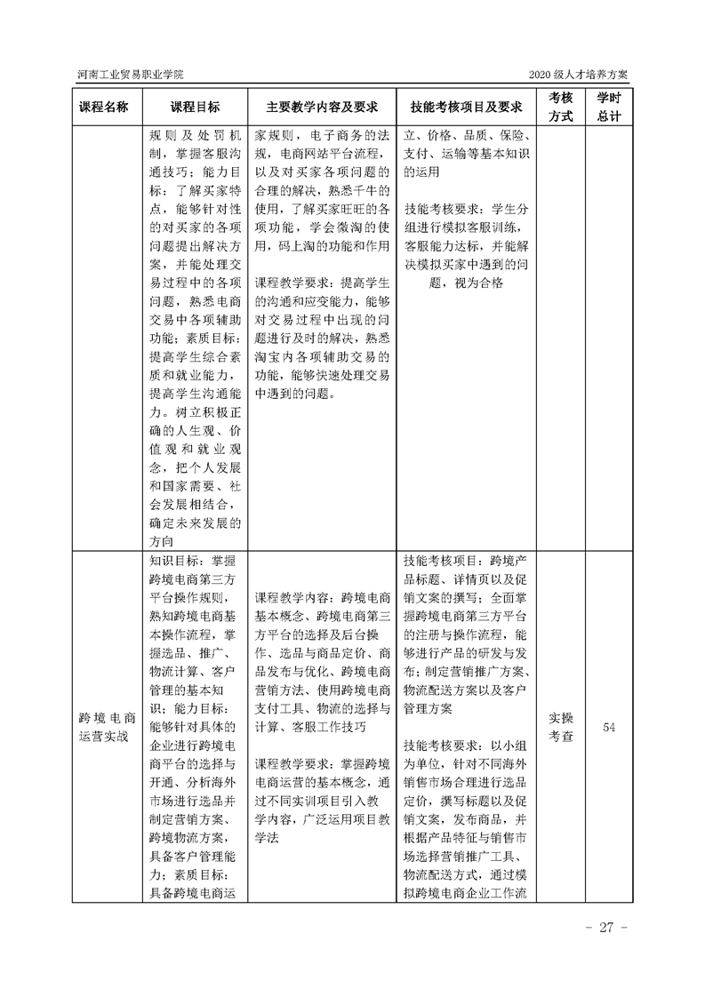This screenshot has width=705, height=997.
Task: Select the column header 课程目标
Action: coord(196,108)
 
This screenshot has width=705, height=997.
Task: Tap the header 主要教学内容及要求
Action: coord(321,108)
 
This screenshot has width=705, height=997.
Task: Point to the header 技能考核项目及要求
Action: coord(466,108)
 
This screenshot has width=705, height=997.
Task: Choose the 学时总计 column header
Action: coord(609,108)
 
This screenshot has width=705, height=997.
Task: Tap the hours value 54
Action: coord(609,728)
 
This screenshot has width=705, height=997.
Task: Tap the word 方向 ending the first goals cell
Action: coord(164,540)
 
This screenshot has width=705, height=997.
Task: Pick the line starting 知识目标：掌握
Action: coord(193,561)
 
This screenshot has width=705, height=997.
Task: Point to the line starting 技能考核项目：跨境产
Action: coord(466,561)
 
